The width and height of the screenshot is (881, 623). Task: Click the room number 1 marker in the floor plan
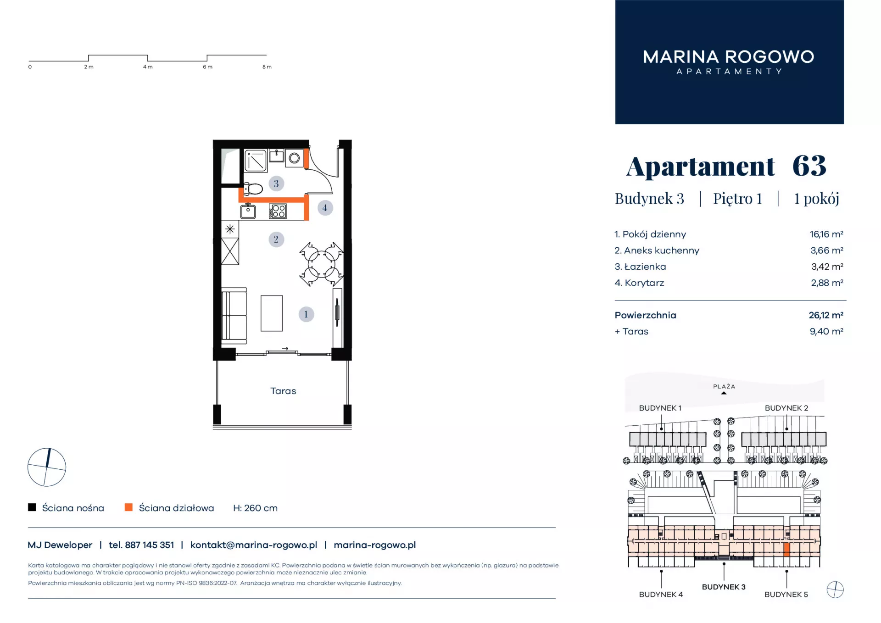[x=306, y=314]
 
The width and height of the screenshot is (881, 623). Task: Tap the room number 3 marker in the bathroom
[x=276, y=184]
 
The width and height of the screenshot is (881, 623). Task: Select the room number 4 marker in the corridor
[x=325, y=208]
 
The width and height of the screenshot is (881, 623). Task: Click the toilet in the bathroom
[x=253, y=189]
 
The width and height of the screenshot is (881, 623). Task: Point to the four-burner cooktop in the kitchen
[x=278, y=211]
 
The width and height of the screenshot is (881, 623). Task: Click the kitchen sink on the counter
[x=248, y=211]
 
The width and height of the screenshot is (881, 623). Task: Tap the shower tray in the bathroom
[x=256, y=161]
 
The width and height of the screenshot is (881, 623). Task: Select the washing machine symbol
[x=294, y=158]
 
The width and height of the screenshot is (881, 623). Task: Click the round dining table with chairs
[x=321, y=264]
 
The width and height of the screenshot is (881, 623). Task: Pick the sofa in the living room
[x=234, y=316]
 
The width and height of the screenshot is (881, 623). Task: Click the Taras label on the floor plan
[x=283, y=391]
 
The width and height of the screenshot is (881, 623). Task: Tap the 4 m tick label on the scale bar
[x=148, y=67]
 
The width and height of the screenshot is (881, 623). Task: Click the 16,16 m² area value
[x=826, y=234]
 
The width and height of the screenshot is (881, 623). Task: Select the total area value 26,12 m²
[x=826, y=315]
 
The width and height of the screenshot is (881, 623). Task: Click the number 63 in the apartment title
[x=809, y=166]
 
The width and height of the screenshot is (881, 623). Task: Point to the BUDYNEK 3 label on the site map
[x=724, y=587]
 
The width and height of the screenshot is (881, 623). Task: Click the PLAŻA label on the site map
[x=724, y=386]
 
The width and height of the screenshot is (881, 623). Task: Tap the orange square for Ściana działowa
[x=128, y=507]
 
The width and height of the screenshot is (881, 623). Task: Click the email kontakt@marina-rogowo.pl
[x=254, y=545]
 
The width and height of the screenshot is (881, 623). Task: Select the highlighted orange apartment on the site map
[x=786, y=550]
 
